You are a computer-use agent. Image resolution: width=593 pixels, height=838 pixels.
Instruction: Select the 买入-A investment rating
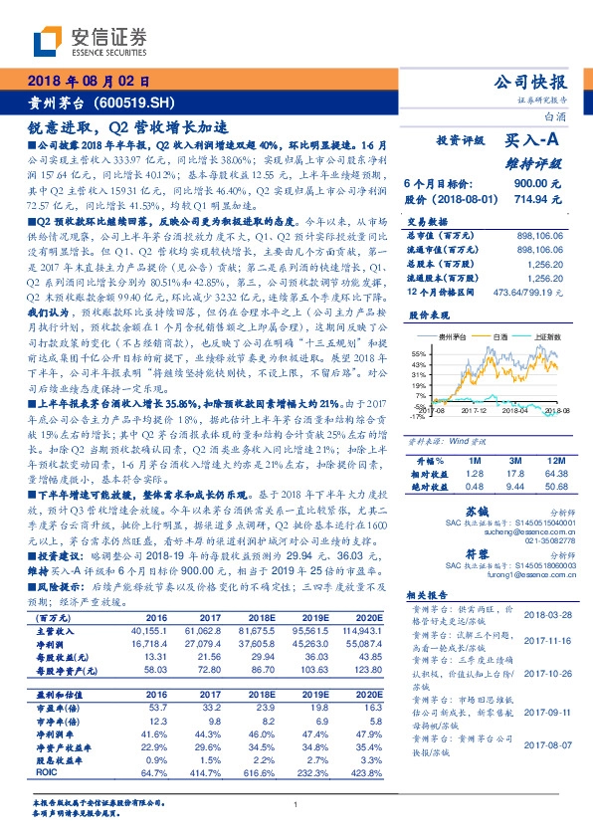tap(536, 142)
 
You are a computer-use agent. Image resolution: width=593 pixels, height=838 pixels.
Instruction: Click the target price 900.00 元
tap(543, 184)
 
